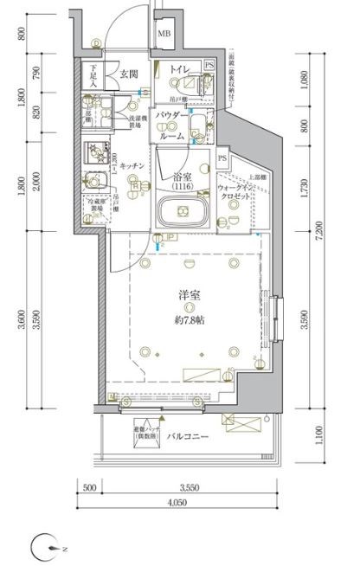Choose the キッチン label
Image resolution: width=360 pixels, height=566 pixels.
[x=132, y=164]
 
